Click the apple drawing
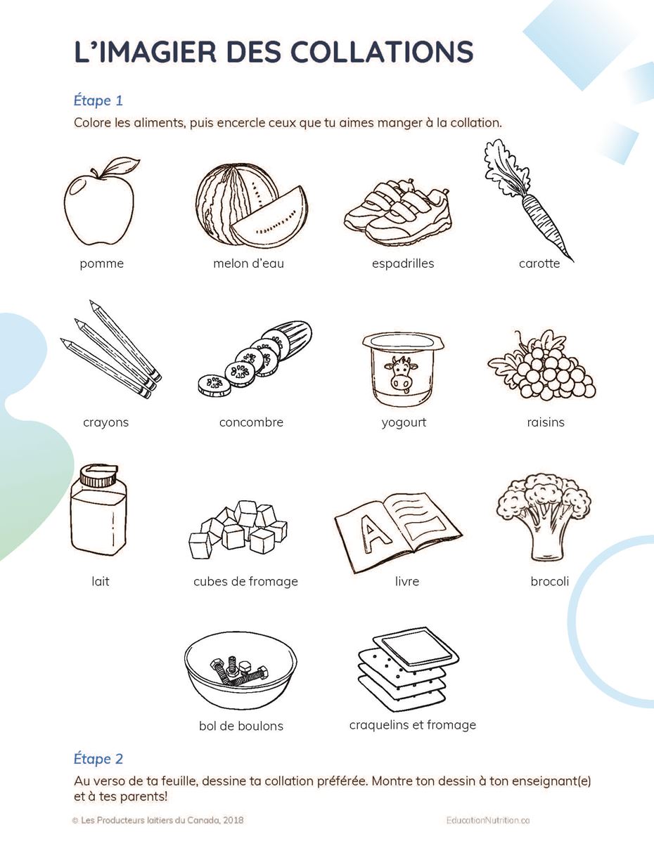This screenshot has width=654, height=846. (99, 208)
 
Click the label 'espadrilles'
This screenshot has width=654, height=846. (403, 263)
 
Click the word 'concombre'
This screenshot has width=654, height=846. (251, 422)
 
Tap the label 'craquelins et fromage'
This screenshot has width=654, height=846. (413, 725)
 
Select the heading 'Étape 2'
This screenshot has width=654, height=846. (98, 758)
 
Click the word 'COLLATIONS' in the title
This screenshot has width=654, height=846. (383, 51)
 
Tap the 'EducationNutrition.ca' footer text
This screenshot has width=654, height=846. (488, 820)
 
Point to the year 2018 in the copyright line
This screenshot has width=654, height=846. (233, 820)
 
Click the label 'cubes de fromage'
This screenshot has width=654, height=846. (246, 581)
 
